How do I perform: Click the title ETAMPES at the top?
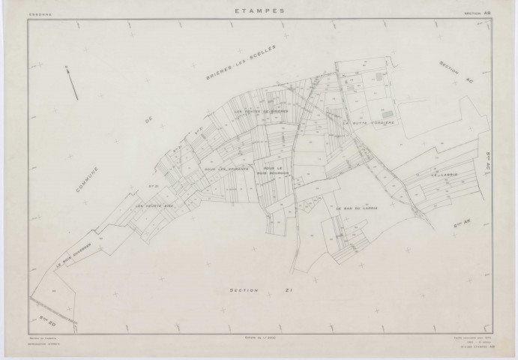click(x=259, y=10)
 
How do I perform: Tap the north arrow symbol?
click(x=73, y=80)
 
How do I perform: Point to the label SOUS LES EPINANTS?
click(x=225, y=169)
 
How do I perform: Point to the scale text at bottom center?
click(x=259, y=339)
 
